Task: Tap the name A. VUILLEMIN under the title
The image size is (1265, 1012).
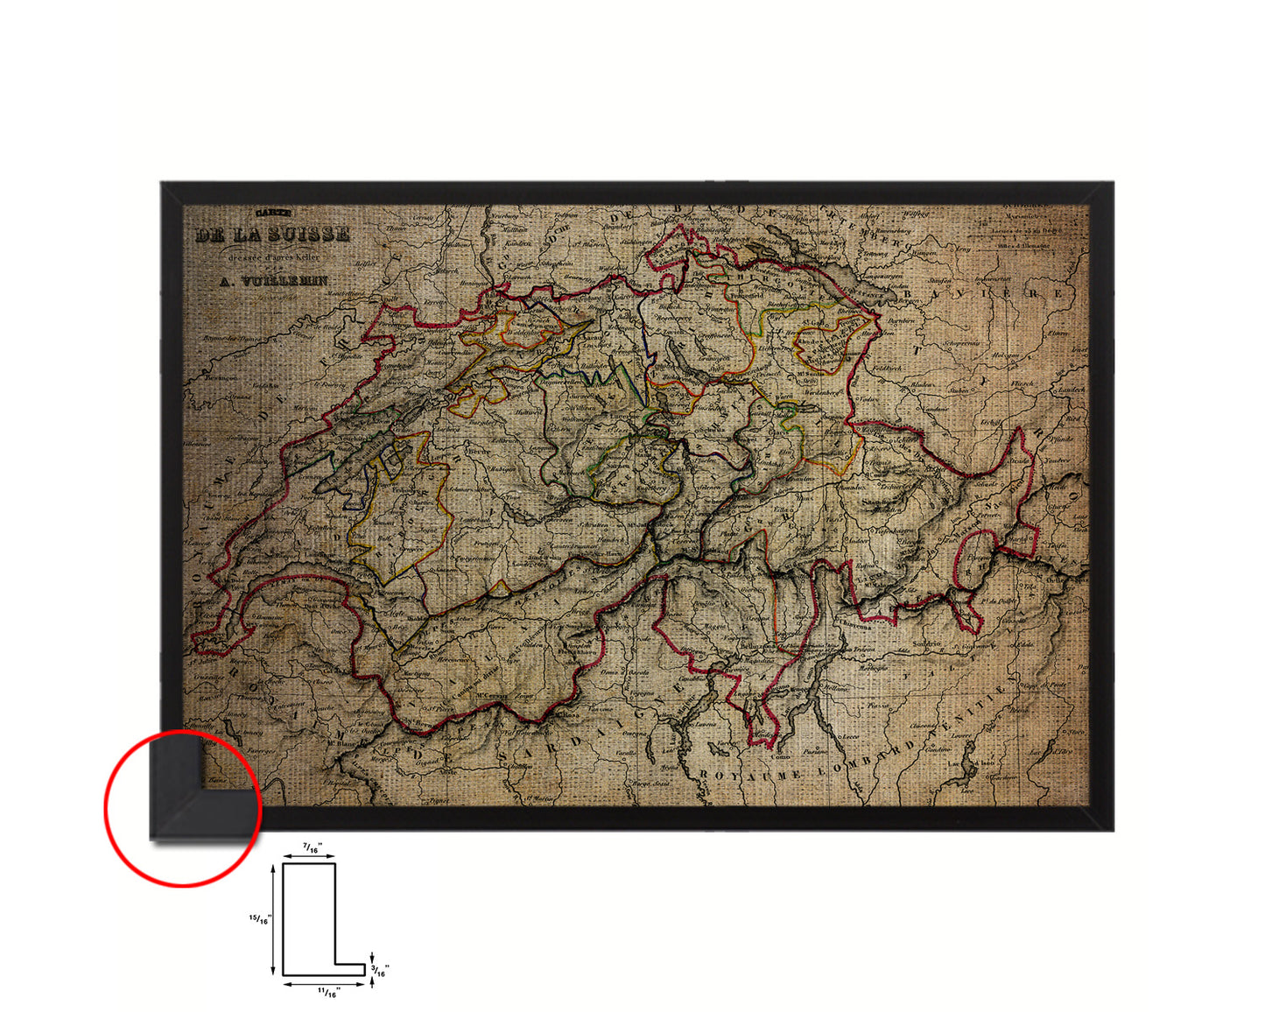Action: tap(272, 281)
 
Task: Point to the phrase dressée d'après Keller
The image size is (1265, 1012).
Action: tap(272, 258)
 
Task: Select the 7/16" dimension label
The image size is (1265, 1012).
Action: tap(312, 847)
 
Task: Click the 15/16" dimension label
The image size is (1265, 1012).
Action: tap(260, 919)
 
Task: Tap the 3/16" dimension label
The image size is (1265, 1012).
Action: tap(381, 969)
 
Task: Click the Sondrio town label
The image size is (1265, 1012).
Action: tap(926, 643)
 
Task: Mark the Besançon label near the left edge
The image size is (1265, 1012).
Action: tap(221, 377)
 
